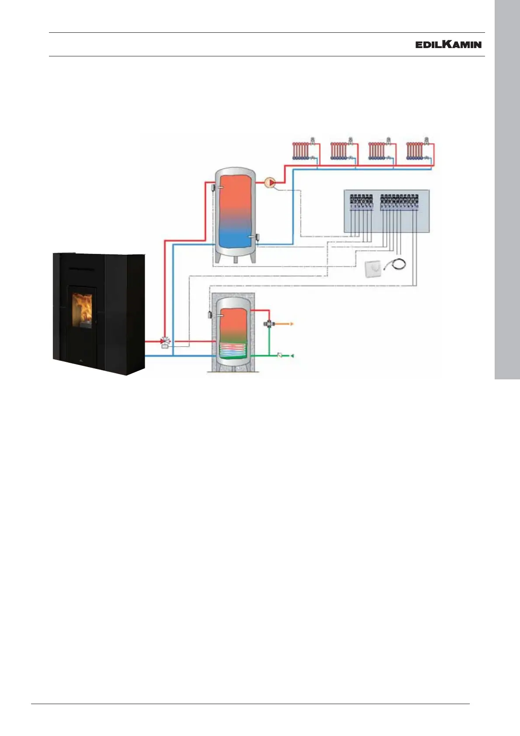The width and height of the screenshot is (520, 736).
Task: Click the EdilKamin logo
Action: (448, 45)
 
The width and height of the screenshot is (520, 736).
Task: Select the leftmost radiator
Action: (302, 151)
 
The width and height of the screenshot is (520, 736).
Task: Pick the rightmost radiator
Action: (415, 151)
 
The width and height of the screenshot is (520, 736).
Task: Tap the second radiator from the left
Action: (340, 151)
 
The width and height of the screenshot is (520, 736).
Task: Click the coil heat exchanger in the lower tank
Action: (232, 349)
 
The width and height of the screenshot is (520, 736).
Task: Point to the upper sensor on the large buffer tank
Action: (212, 187)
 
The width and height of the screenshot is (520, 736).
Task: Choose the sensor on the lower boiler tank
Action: (211, 315)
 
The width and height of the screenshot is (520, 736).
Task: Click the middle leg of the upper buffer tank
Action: (236, 259)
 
